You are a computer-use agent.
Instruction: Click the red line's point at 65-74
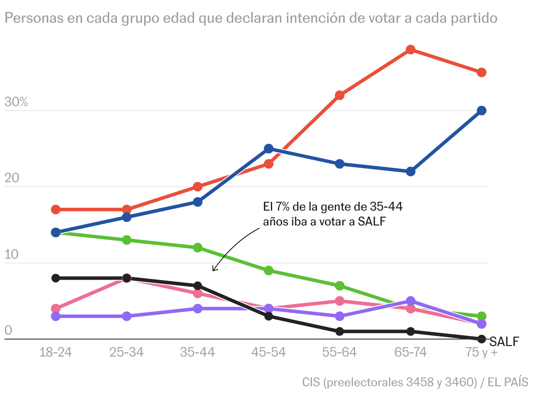pyautogui.click(x=410, y=50)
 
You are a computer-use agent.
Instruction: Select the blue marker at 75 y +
pyautogui.click(x=481, y=111)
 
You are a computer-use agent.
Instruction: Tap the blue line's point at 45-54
pyautogui.click(x=269, y=149)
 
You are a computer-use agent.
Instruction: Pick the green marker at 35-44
pyautogui.click(x=197, y=248)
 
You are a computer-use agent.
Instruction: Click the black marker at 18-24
pyautogui.click(x=55, y=278)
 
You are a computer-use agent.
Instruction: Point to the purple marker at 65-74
pyautogui.click(x=410, y=301)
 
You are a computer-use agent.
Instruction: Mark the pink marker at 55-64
pyautogui.click(x=339, y=301)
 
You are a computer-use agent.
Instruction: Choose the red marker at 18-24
pyautogui.click(x=55, y=209)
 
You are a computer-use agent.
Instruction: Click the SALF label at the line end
pyautogui.click(x=504, y=341)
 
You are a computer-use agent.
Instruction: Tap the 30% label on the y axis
pyautogui.click(x=16, y=103)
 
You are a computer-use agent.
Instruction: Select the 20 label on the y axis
pyautogui.click(x=13, y=179)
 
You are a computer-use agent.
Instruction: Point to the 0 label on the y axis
pyautogui.click(x=8, y=331)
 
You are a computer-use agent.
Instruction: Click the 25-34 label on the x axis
pyautogui.click(x=127, y=352)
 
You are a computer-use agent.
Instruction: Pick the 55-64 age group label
pyautogui.click(x=339, y=352)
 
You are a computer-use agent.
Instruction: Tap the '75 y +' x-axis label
pyautogui.click(x=481, y=352)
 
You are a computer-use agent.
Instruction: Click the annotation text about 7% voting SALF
pyautogui.click(x=332, y=214)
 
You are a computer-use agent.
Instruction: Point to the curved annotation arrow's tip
pyautogui.click(x=213, y=271)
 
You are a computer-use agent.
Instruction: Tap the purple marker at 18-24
pyautogui.click(x=55, y=316)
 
